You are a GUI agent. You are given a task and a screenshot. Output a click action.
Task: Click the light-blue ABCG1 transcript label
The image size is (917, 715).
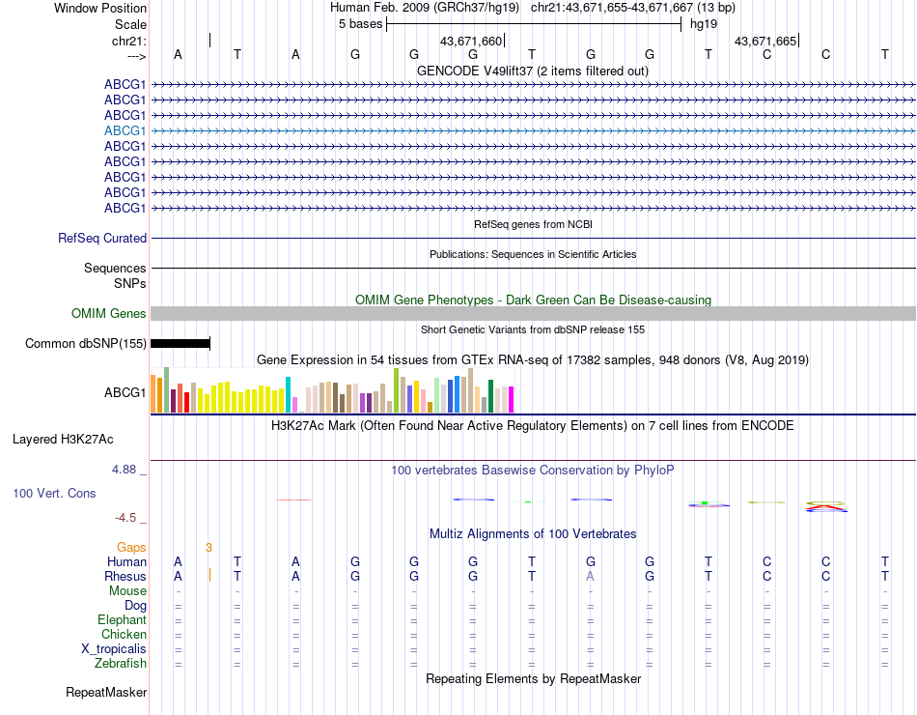[125, 130]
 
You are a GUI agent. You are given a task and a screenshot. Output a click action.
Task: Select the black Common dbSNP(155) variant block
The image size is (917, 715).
[181, 343]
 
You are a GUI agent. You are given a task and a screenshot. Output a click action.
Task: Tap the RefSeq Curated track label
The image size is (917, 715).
[102, 238]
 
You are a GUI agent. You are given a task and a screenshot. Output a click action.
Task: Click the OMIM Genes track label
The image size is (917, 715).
[109, 313]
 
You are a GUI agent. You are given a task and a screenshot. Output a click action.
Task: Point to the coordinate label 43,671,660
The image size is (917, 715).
[471, 42]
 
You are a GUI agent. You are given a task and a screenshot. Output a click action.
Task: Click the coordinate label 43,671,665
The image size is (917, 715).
[765, 42]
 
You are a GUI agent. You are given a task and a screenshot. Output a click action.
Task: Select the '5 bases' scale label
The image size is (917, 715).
[360, 24]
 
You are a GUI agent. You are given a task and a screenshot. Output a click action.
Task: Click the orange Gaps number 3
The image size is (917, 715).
[208, 547]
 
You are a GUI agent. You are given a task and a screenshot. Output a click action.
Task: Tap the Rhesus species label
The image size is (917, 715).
[125, 576]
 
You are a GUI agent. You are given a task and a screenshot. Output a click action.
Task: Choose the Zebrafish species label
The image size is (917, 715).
[121, 664]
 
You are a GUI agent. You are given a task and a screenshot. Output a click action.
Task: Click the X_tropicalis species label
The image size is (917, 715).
[114, 649]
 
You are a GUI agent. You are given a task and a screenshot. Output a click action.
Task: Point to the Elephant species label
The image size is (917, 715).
[122, 619]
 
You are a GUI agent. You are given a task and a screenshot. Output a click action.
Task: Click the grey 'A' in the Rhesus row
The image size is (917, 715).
[591, 576]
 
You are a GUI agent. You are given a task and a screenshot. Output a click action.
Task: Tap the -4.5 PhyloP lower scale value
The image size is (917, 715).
[128, 518]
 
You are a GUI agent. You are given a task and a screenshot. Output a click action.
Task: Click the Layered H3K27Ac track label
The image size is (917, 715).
[63, 439]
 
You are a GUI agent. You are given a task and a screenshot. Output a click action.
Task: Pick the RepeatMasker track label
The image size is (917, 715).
[106, 692]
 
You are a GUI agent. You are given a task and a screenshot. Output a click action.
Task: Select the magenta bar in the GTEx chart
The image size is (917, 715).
[511, 399]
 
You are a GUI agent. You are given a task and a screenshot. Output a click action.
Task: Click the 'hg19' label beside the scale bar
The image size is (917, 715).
[702, 24]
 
